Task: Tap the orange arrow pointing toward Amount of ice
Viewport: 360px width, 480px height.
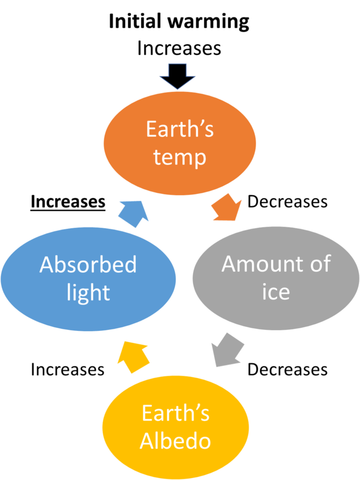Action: [x=226, y=207]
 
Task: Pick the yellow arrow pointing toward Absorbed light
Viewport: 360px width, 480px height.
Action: [x=134, y=357]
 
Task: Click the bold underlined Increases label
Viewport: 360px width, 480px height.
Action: [x=68, y=202]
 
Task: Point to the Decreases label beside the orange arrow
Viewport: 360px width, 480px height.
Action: [x=287, y=202]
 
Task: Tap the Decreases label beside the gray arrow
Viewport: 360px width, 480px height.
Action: [x=287, y=369]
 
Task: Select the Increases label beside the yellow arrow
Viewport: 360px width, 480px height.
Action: [x=68, y=369]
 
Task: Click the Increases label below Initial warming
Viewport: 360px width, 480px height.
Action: [x=179, y=48]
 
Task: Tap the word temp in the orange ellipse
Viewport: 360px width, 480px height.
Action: [x=180, y=158]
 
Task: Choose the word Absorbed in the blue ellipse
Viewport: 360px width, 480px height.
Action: [x=88, y=265]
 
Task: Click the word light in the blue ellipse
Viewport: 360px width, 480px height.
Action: [x=88, y=293]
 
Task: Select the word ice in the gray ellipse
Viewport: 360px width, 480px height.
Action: [x=275, y=292]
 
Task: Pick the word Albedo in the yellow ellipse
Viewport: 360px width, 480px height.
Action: [x=175, y=441]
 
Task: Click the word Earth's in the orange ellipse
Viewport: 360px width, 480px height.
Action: [x=180, y=129]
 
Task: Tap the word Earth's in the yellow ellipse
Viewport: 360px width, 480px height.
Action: [x=175, y=413]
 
